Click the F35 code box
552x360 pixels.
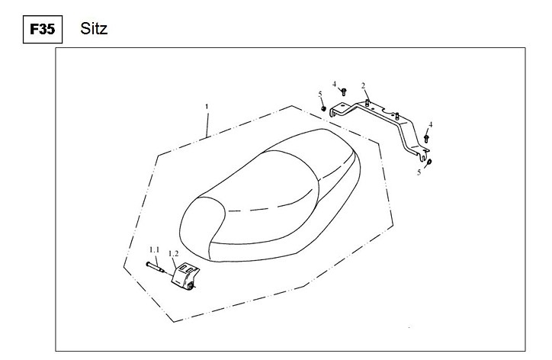(x=43, y=29)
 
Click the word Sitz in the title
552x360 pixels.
(x=94, y=28)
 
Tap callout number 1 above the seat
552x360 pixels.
(x=207, y=106)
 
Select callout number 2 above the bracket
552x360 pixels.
(x=363, y=85)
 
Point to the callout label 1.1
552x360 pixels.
(x=154, y=249)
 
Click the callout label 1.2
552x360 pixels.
(x=173, y=254)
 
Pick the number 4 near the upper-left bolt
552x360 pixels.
(x=335, y=84)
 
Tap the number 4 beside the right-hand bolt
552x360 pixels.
(x=430, y=124)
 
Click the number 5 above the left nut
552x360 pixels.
(x=320, y=94)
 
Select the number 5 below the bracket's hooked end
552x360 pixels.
(x=419, y=172)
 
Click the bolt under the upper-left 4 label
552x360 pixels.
(x=344, y=92)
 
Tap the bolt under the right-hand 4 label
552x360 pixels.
(x=426, y=138)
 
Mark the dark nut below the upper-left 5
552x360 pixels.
(x=323, y=108)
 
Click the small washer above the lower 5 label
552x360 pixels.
(x=429, y=162)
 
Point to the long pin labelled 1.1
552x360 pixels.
(x=156, y=268)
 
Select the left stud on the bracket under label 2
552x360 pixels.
(x=367, y=102)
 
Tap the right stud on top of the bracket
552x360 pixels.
(x=396, y=115)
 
